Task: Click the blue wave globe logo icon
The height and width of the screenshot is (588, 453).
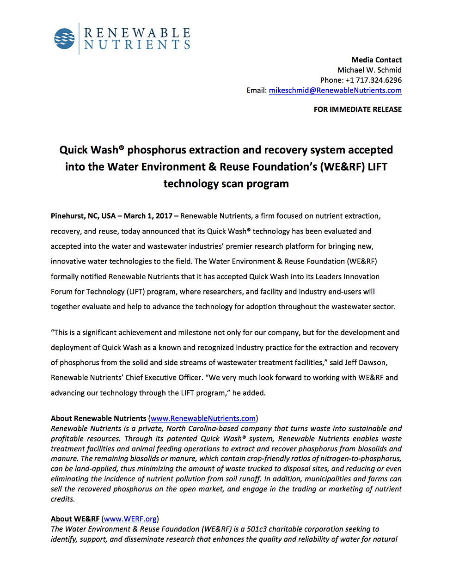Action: (64, 39)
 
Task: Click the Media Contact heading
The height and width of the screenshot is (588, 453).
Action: (376, 60)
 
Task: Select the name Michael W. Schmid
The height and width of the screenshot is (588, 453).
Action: (369, 70)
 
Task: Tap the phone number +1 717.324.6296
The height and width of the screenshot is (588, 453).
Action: (373, 80)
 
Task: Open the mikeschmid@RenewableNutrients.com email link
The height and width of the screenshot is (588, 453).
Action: (335, 91)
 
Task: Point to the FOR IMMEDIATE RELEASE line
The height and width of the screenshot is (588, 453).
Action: (357, 110)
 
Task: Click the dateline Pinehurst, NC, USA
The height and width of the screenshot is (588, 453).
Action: (83, 216)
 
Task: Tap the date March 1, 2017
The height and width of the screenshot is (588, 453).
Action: (148, 216)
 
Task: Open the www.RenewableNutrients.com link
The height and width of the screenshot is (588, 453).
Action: (203, 419)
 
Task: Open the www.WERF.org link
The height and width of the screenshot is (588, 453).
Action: (130, 519)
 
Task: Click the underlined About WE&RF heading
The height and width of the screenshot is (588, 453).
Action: (75, 519)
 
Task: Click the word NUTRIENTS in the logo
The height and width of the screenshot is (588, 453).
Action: (137, 45)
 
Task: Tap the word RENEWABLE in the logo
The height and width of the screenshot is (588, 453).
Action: (137, 33)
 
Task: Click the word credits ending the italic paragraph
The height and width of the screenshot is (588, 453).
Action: (62, 499)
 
